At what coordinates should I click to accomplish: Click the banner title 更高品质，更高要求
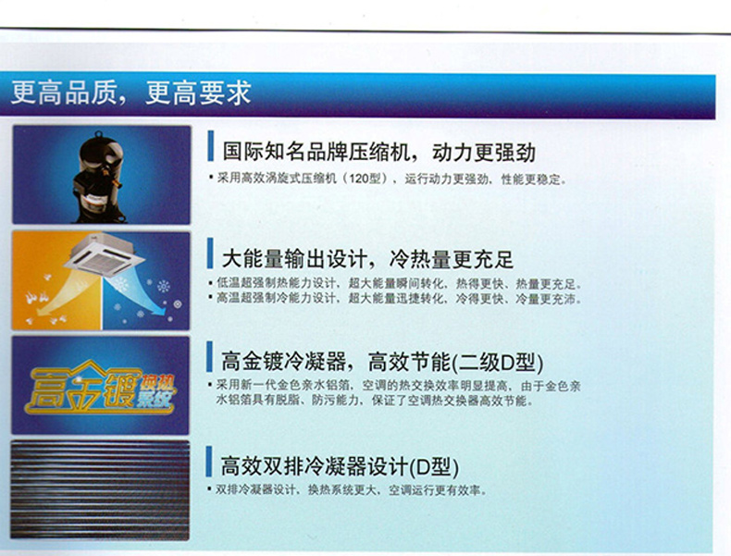131,93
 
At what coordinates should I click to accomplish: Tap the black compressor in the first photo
99,176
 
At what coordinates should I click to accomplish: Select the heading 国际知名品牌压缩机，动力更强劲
378,152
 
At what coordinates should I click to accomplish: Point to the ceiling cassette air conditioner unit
105,254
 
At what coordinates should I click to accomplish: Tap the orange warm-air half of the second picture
56,280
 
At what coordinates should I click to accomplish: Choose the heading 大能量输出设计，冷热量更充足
367,259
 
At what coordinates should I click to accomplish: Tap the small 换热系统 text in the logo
156,390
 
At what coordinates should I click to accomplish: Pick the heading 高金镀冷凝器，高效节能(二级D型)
382,362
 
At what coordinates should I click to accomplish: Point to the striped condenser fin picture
100,489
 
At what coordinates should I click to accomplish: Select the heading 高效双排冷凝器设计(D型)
340,466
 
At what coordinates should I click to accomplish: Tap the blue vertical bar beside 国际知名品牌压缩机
211,146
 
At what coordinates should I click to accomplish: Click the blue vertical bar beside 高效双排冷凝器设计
209,462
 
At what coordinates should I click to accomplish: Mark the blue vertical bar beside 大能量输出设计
210,253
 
